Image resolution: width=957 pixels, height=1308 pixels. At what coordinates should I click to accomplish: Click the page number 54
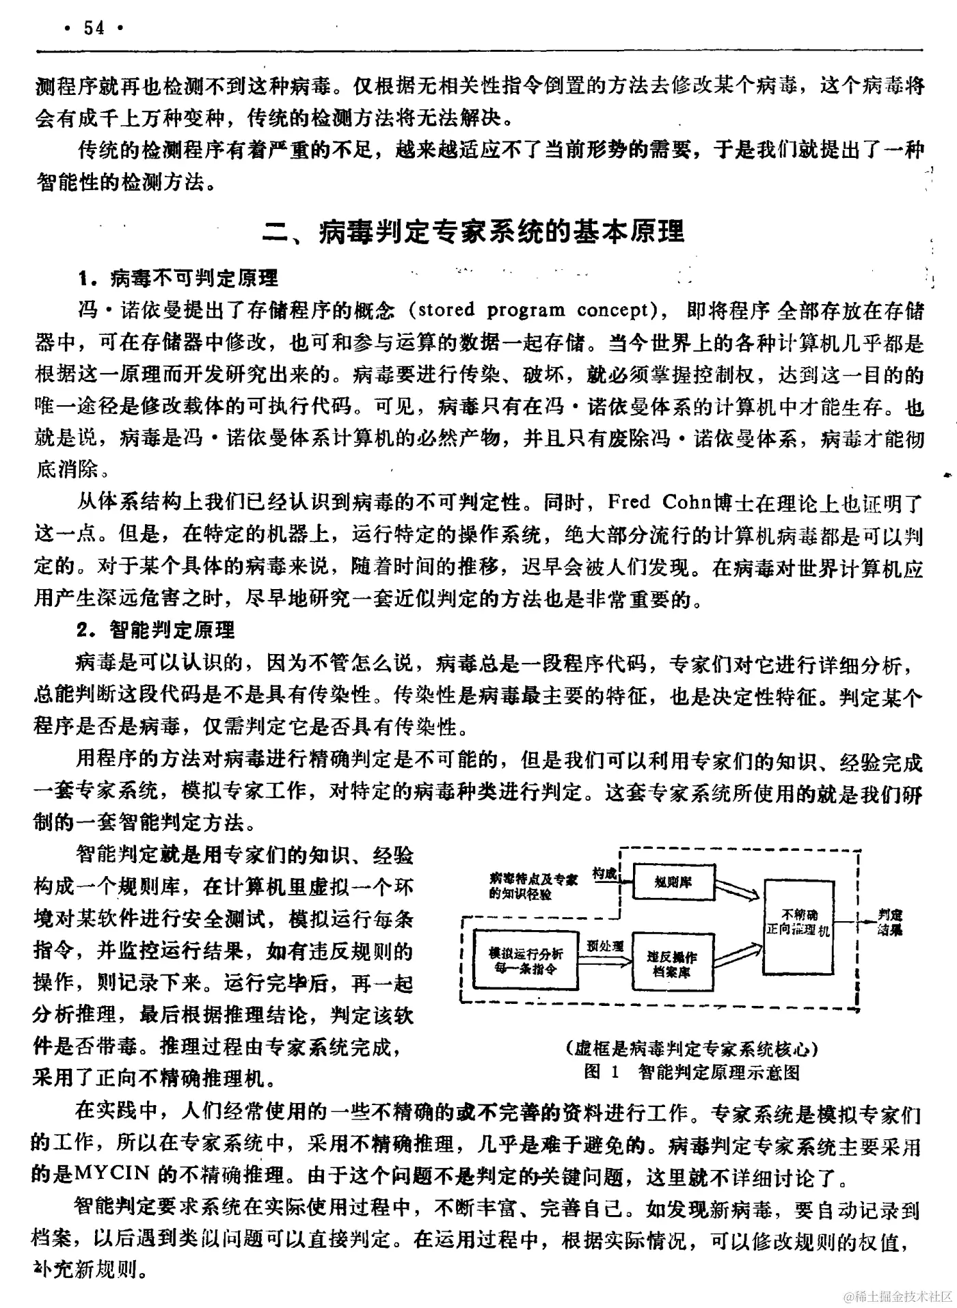pos(94,29)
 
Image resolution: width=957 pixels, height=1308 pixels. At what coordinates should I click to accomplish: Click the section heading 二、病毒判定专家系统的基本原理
pos(474,232)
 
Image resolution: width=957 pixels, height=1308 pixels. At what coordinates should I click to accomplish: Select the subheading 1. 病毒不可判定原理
pos(178,278)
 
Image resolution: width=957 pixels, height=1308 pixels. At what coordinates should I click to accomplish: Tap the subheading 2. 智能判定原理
pos(156,629)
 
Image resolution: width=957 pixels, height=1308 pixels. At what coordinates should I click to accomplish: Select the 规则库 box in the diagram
pos(673,882)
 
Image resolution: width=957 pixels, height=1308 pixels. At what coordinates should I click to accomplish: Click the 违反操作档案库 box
pos(673,962)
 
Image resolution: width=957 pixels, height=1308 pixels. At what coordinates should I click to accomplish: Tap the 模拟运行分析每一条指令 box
pos(526,959)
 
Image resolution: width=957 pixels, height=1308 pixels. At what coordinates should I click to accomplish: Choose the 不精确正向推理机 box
pos(798,923)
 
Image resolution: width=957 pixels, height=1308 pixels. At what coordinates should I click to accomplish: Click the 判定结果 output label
pos(890,922)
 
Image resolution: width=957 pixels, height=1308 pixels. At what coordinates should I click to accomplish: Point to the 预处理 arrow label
pos(605,946)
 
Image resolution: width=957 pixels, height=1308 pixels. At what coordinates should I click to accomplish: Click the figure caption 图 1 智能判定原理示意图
pos(692,1072)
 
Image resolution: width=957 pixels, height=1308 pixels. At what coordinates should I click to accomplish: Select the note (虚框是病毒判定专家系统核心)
pos(692,1048)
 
